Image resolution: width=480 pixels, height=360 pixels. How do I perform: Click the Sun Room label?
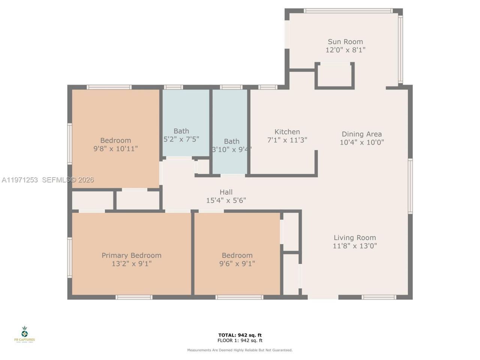(x=345, y=42)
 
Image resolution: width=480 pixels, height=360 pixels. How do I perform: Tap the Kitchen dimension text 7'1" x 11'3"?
(x=287, y=140)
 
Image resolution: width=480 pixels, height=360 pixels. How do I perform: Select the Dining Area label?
(x=361, y=134)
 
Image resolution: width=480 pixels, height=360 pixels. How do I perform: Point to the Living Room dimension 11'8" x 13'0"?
(x=354, y=246)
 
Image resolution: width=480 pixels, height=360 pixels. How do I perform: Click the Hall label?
(x=226, y=192)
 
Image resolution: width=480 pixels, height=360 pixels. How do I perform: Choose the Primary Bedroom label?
(x=131, y=255)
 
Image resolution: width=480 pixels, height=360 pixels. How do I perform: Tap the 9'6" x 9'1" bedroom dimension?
(x=237, y=264)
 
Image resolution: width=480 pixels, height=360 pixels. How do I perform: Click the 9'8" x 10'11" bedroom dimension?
(x=115, y=149)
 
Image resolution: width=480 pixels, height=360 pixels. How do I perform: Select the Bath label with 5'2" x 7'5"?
(x=181, y=131)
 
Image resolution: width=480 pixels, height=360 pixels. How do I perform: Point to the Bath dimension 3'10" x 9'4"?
(x=231, y=149)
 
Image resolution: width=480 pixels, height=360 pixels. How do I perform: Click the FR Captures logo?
(x=24, y=334)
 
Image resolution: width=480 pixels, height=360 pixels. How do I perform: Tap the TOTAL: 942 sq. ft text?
(x=240, y=335)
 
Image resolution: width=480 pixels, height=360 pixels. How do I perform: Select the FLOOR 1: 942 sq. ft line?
(x=240, y=341)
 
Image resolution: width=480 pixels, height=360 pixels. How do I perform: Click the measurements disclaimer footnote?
(x=240, y=350)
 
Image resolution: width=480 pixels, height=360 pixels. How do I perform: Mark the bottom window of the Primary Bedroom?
(x=134, y=297)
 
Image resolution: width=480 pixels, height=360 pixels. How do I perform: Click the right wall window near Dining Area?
(x=410, y=186)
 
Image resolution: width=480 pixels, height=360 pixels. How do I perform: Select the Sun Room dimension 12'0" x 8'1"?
(x=345, y=50)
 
